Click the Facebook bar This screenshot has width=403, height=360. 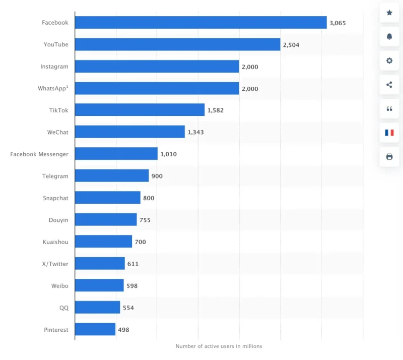tap(200, 23)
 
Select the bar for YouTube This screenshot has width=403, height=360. tap(177, 44)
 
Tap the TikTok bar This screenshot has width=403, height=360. tap(140, 110)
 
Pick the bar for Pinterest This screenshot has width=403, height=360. tap(95, 330)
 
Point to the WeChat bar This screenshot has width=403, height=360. tap(130, 132)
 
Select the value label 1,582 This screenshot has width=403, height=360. tap(216, 110)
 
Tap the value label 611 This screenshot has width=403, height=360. tap(133, 264)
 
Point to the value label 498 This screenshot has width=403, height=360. tap(124, 330)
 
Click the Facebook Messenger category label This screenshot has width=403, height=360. tap(39, 154)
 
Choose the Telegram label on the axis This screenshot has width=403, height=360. tap(55, 176)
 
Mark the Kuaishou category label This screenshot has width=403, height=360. tap(55, 242)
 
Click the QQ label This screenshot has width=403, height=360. tap(63, 308)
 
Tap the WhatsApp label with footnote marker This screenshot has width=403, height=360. tap(53, 88)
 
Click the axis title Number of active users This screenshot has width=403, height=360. tap(219, 346)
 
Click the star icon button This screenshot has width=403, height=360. tap(389, 13)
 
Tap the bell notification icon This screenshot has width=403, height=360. tap(389, 37)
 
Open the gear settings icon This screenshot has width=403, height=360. tap(389, 61)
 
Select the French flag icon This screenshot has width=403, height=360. tap(389, 133)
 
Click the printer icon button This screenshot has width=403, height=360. tap(389, 157)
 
